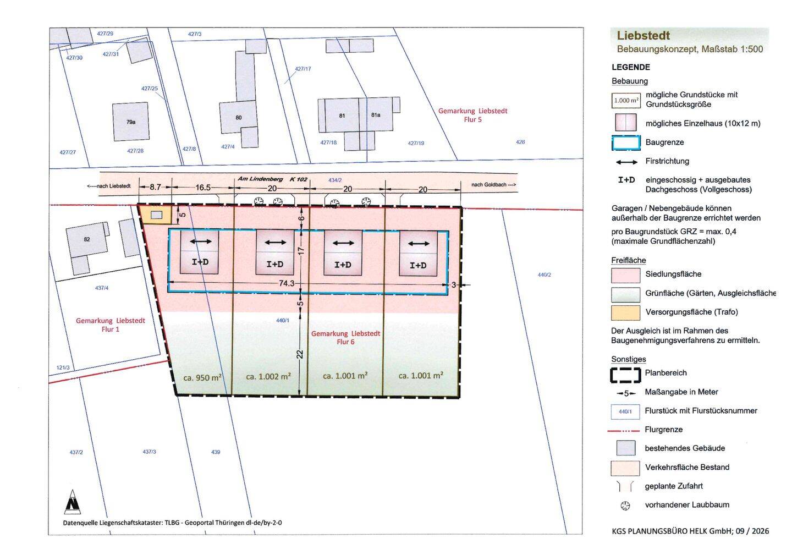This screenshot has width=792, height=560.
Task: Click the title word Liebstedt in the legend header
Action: click(x=643, y=36)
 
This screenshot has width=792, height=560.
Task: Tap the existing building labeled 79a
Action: click(x=131, y=122)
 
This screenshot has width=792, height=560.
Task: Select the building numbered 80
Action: click(x=239, y=117)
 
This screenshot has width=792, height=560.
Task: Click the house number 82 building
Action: click(x=87, y=240)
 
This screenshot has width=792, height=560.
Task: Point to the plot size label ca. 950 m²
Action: click(x=202, y=377)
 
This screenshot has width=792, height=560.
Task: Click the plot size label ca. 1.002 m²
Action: click(x=268, y=376)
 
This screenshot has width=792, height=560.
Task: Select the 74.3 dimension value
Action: click(x=287, y=283)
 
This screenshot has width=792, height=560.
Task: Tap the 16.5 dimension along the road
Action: click(x=203, y=188)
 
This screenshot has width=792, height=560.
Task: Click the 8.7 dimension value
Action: click(x=155, y=187)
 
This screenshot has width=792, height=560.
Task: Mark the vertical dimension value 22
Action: click(x=300, y=354)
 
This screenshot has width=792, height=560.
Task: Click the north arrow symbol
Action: click(x=73, y=502)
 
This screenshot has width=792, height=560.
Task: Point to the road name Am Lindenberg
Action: click(x=260, y=179)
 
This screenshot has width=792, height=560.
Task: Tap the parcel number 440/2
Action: click(x=544, y=274)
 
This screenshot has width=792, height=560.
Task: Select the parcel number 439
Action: click(x=216, y=452)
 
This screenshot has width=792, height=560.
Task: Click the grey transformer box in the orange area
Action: click(x=157, y=215)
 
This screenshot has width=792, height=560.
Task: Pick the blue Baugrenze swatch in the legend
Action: click(x=626, y=143)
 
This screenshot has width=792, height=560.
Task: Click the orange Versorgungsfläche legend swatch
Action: click(x=625, y=312)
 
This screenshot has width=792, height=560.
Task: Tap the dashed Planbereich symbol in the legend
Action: click(x=625, y=375)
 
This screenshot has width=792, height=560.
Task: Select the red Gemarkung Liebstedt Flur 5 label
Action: click(x=473, y=116)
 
